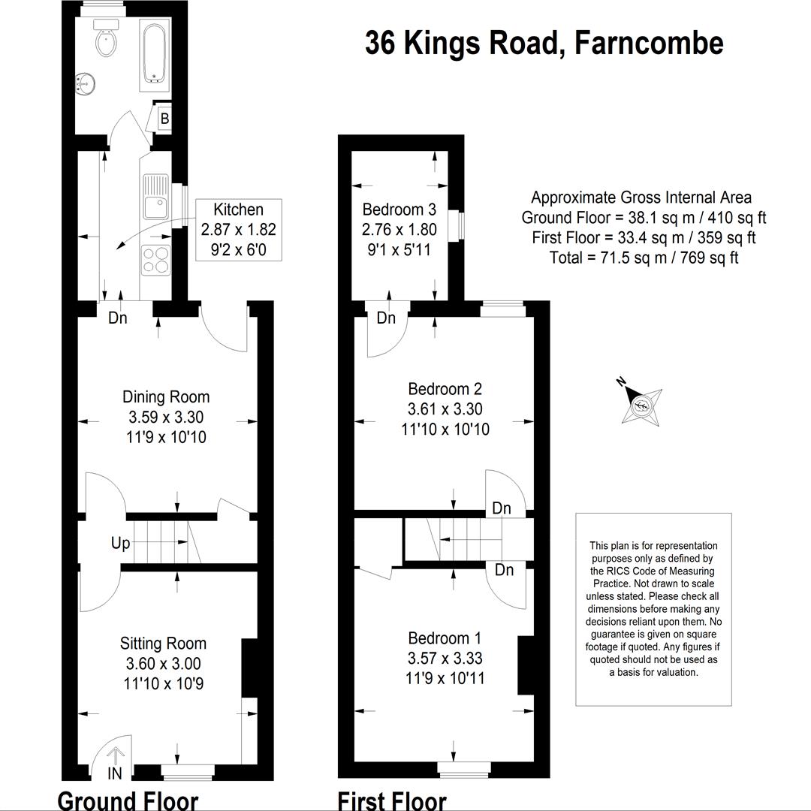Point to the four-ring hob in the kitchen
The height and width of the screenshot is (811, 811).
[x=156, y=260]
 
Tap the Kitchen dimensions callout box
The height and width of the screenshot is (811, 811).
[x=239, y=230]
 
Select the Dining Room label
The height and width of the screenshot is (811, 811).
[x=166, y=397]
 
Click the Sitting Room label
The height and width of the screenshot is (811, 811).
[x=164, y=644]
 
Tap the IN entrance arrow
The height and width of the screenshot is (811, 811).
[x=115, y=757]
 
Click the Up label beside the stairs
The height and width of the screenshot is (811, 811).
[x=120, y=544]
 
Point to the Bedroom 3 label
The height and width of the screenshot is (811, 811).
[x=399, y=210]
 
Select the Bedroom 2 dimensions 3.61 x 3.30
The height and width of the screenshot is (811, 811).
[x=445, y=409]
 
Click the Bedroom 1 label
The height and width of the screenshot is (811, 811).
[x=445, y=638]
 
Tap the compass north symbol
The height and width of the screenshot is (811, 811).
[x=641, y=403]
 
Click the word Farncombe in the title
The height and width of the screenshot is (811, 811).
[x=649, y=44]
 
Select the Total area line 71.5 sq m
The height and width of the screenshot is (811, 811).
[x=644, y=258]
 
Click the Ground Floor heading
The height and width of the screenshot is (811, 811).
[x=128, y=800]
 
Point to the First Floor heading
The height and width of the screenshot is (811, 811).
[x=392, y=800]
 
